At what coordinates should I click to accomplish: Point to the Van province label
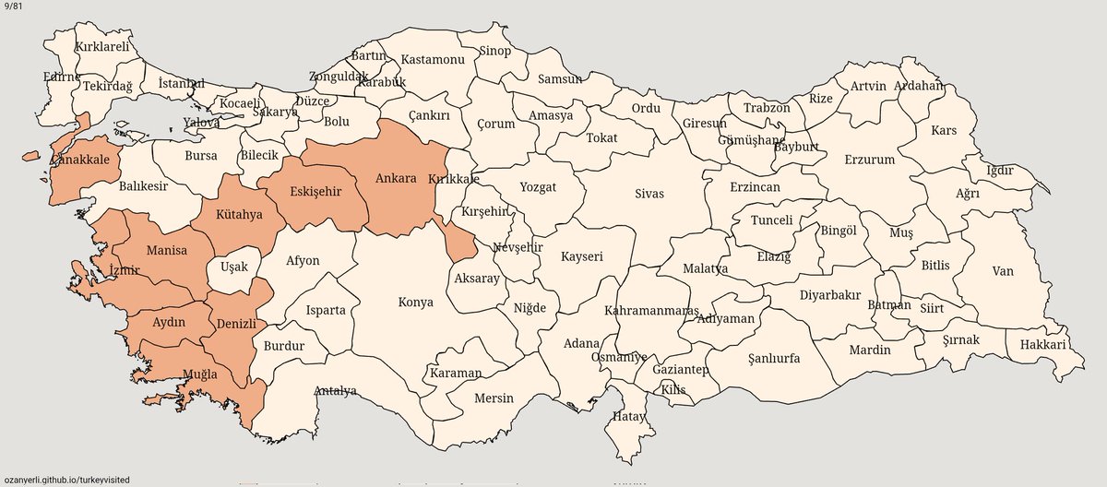[x=1002, y=271]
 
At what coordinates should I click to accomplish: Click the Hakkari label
[x=1042, y=345]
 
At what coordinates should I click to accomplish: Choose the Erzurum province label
[x=869, y=160]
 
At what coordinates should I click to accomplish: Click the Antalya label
[x=335, y=390]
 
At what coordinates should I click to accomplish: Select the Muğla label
[x=199, y=374]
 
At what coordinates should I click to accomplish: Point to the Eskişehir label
[x=315, y=192]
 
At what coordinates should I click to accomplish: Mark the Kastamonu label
[x=433, y=60]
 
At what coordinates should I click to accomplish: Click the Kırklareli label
[x=101, y=44]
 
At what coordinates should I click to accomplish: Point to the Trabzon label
[x=767, y=108]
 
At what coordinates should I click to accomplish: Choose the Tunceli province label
[x=771, y=221]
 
